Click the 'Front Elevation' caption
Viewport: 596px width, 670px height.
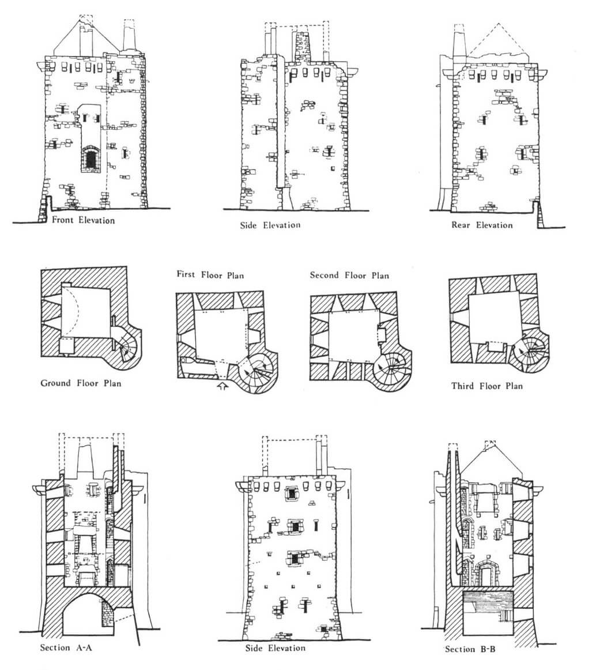pyautogui.click(x=83, y=220)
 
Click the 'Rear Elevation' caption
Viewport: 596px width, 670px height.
pyautogui.click(x=482, y=225)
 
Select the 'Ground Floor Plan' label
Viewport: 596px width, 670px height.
pyautogui.click(x=81, y=383)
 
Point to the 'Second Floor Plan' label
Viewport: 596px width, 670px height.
pyautogui.click(x=349, y=276)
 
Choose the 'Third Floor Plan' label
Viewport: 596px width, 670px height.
pyautogui.click(x=486, y=386)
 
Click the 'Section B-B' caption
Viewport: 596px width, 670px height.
pyautogui.click(x=471, y=649)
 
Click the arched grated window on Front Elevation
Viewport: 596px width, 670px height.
pyautogui.click(x=90, y=158)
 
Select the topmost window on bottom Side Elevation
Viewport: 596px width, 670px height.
pyautogui.click(x=292, y=494)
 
